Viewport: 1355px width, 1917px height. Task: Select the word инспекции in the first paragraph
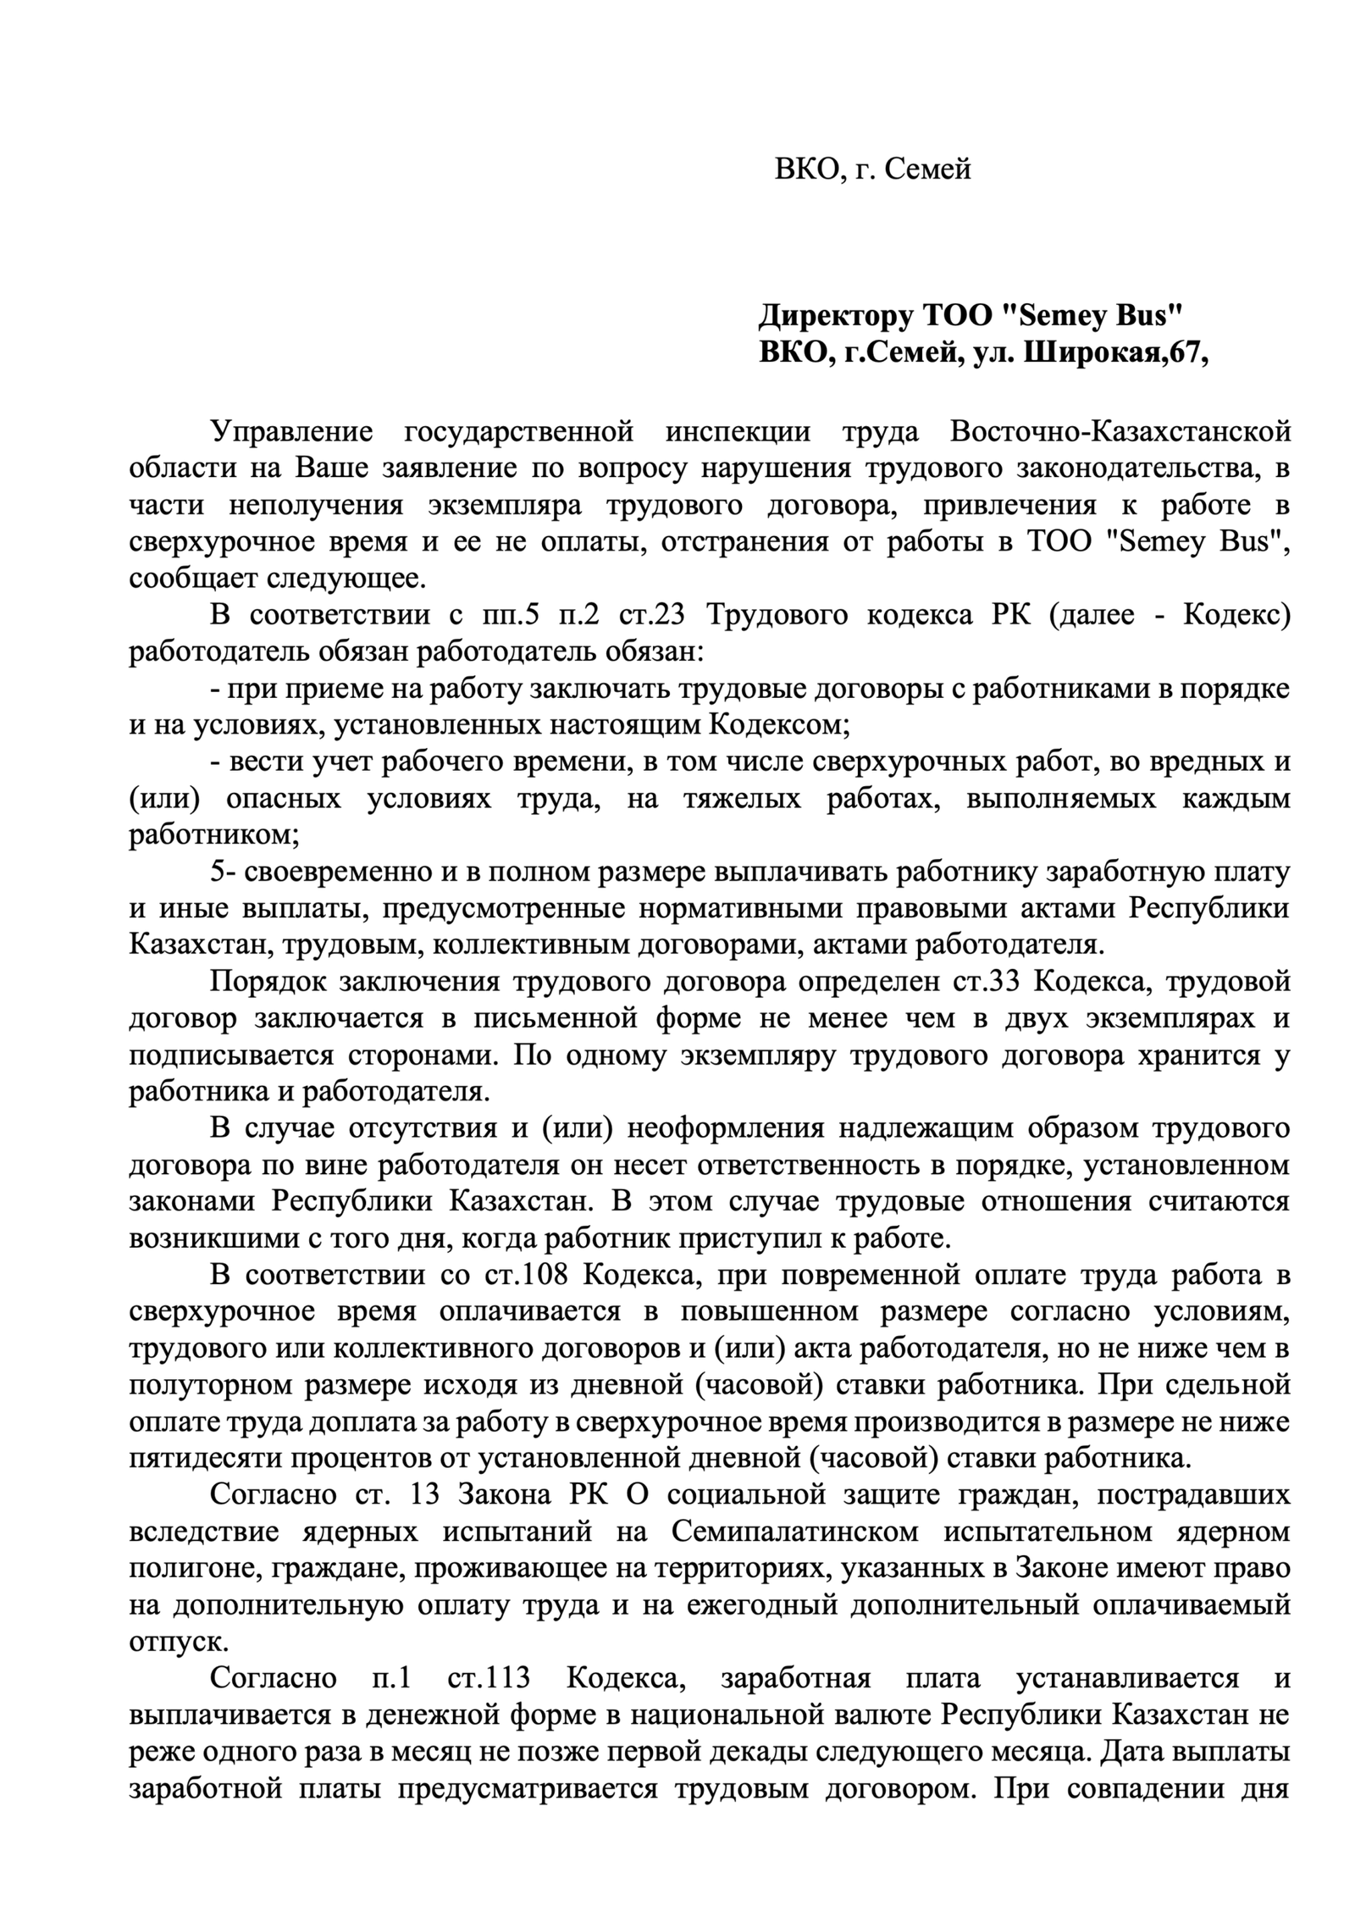[x=738, y=432]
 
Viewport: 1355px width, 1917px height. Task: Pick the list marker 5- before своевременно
[x=224, y=872]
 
